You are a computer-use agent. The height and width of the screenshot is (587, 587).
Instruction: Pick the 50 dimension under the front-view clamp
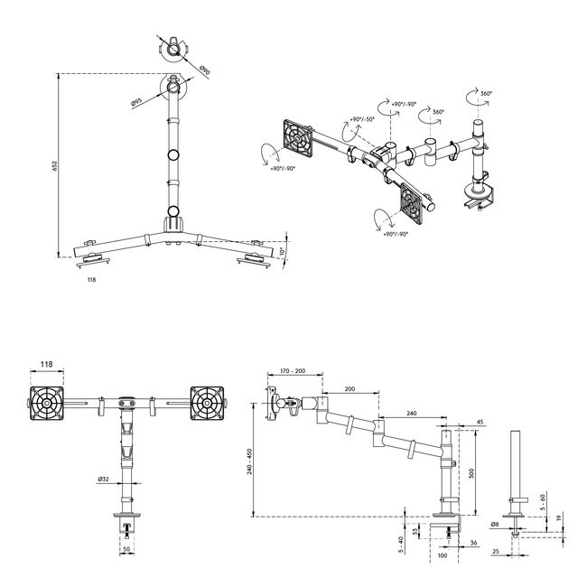(126, 548)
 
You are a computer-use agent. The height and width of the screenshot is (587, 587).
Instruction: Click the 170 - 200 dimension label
(293, 370)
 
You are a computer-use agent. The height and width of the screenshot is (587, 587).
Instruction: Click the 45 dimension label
(479, 421)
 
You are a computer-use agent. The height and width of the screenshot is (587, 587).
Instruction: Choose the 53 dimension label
(415, 531)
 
